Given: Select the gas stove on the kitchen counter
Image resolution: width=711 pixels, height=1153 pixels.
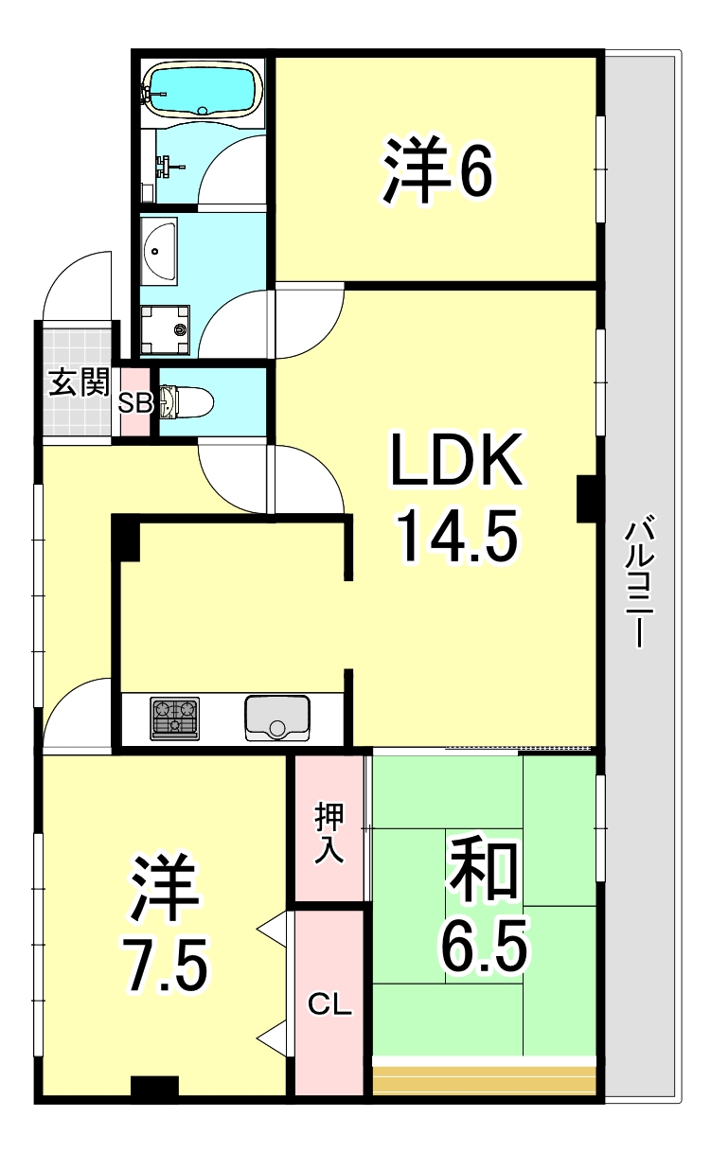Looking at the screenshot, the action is click(174, 718).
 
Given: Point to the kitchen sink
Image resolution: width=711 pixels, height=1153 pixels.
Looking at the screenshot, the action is click(277, 718).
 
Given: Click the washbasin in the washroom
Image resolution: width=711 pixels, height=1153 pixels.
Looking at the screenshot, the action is click(160, 249).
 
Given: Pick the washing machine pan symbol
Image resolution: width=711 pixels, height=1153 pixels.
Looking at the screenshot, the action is click(166, 330).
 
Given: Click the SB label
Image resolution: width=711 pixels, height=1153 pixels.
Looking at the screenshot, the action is click(135, 403).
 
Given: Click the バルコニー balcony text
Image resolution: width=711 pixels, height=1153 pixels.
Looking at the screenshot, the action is click(639, 584).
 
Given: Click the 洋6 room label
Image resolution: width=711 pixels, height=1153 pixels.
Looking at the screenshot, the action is click(437, 169).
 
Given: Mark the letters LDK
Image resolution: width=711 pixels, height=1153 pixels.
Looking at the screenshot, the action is click(457, 459).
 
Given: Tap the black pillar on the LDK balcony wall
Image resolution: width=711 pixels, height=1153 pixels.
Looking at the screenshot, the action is click(586, 499).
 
